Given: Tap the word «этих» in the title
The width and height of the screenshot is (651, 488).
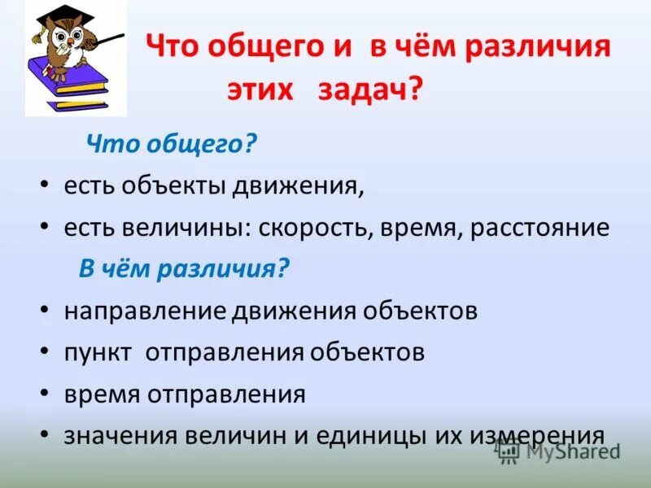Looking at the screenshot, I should click(257, 89).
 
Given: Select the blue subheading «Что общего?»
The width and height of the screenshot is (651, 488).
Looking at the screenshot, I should click(172, 145).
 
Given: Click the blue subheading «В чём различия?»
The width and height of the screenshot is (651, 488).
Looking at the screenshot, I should click(184, 269).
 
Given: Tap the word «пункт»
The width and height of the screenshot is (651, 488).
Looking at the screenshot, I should click(98, 353).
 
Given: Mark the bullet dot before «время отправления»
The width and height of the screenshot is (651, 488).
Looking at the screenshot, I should click(44, 395).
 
